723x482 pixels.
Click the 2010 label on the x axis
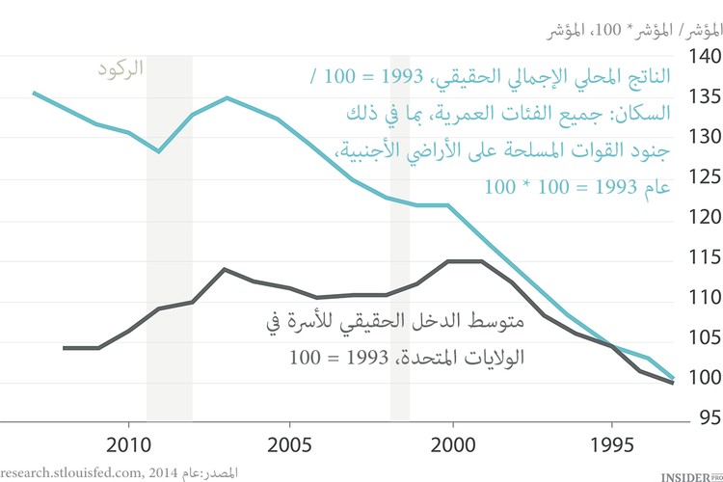[129, 446]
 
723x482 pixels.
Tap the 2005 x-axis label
[291, 446]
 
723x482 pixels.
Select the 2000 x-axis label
[451, 446]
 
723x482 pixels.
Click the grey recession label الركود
[120, 69]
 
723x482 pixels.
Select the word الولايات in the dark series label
[494, 358]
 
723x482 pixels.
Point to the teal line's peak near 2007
[227, 97]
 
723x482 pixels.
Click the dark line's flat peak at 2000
[466, 261]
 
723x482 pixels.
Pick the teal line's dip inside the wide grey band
[160, 151]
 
